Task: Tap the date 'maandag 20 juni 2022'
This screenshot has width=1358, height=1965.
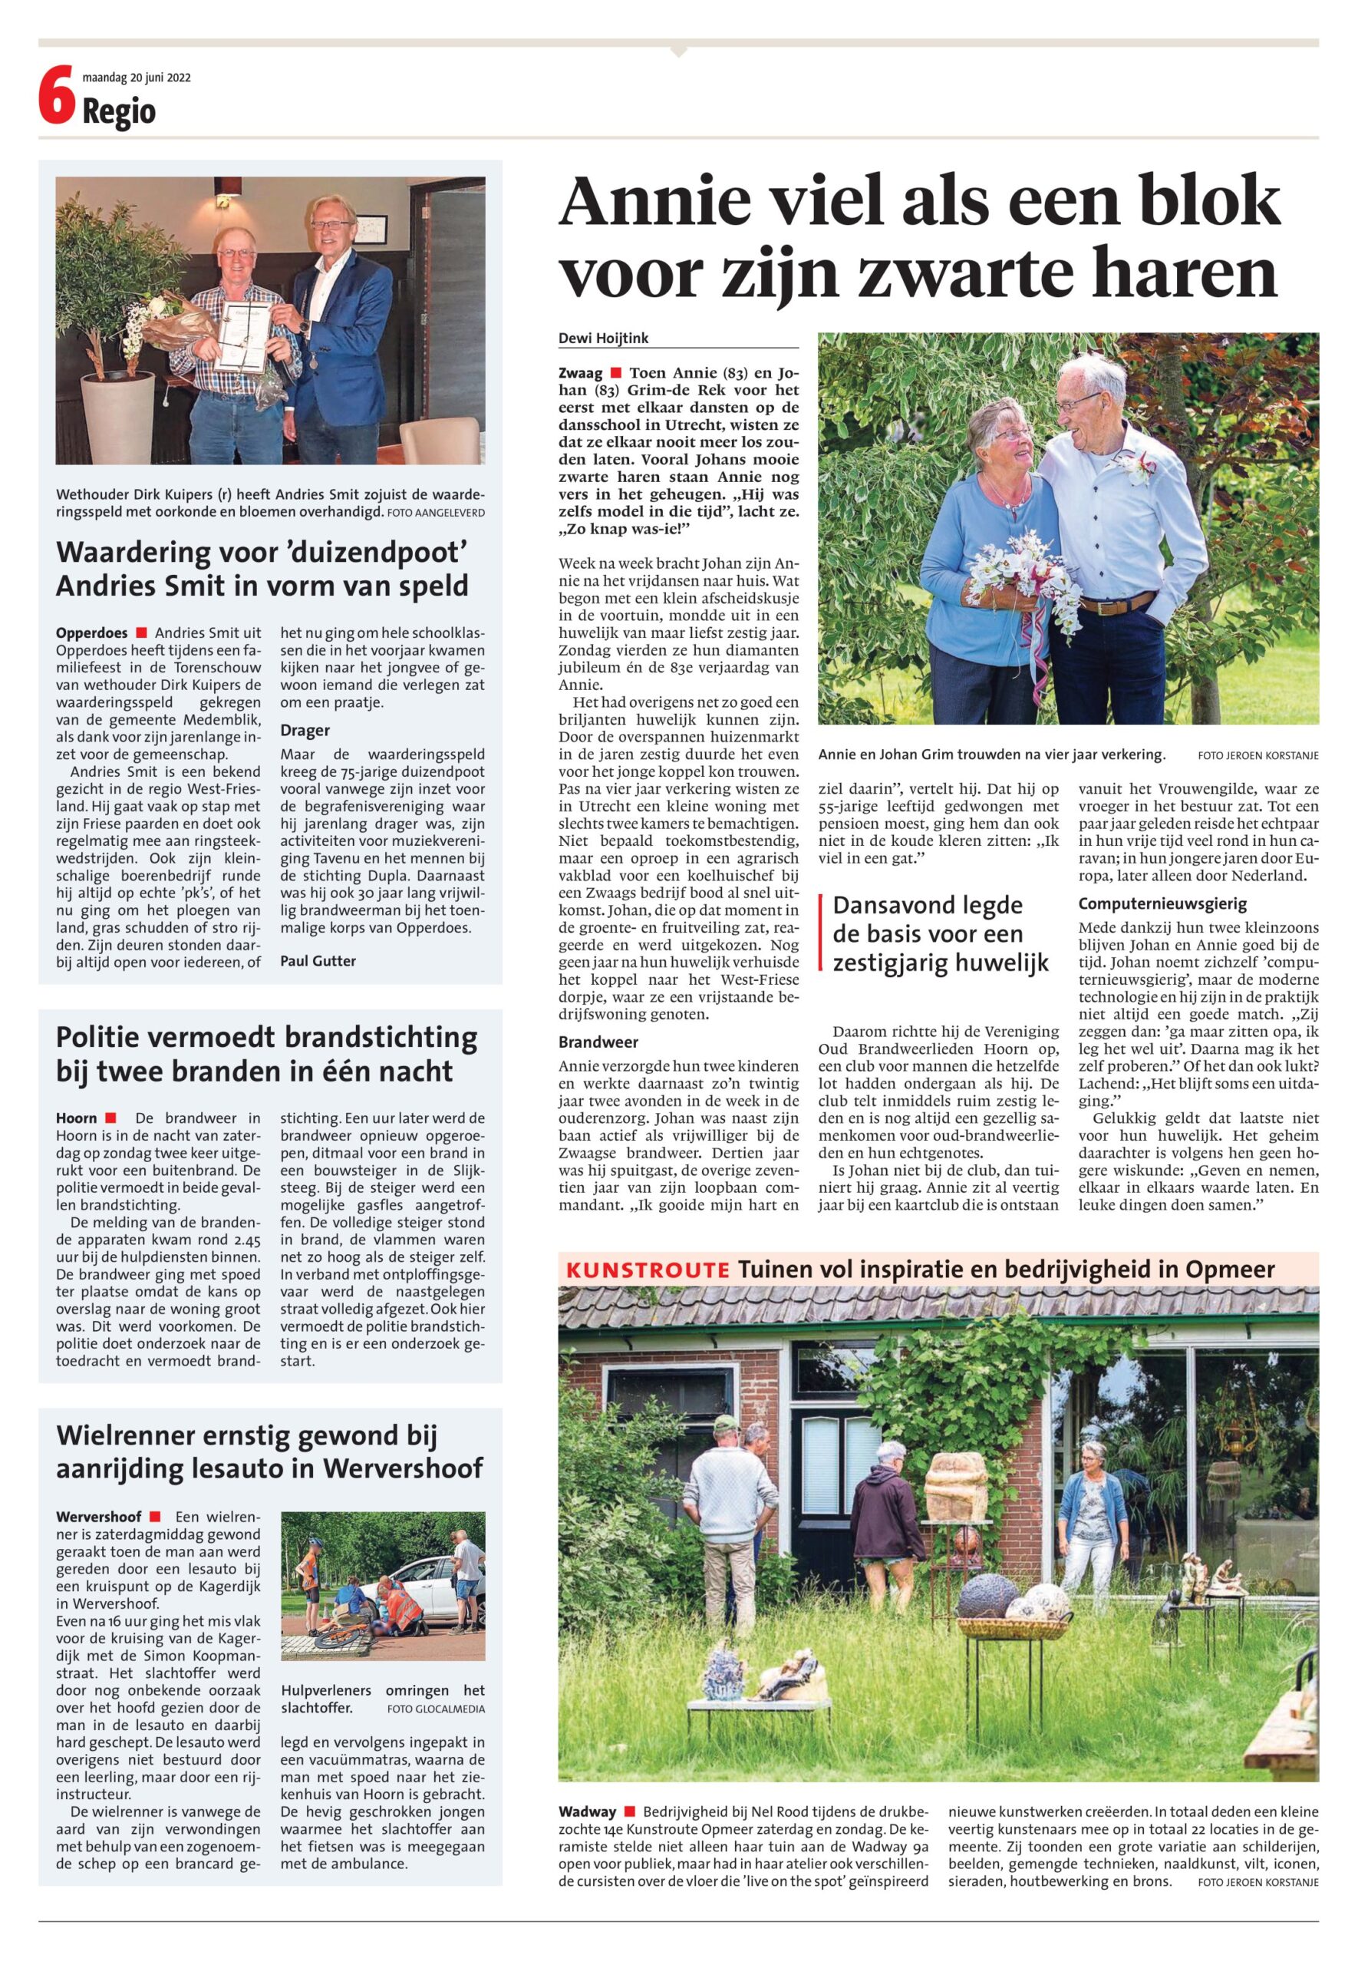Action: pyautogui.click(x=136, y=78)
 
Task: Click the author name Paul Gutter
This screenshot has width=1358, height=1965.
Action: pyautogui.click(x=318, y=961)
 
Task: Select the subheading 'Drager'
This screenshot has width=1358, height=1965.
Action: pyautogui.click(x=305, y=730)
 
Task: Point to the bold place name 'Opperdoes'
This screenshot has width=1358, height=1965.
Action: pyautogui.click(x=92, y=633)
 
